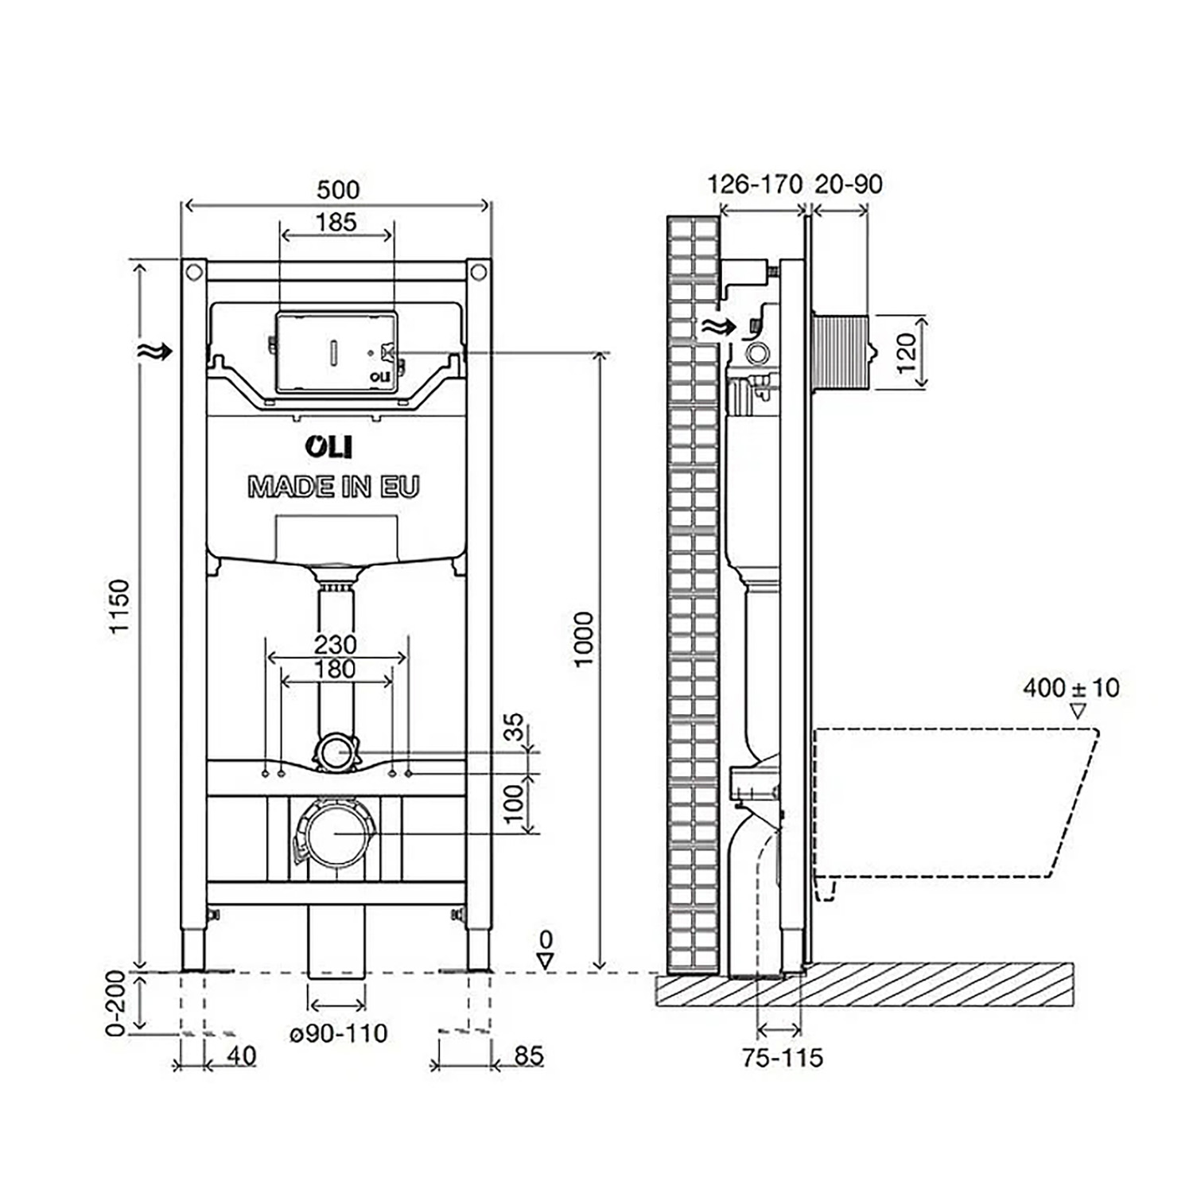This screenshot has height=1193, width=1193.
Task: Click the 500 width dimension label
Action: pos(338,190)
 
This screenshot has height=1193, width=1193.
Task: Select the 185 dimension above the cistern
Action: pos(336,223)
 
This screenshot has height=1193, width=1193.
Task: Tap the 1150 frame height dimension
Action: pos(119,606)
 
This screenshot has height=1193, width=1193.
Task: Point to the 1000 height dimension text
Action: pos(584,639)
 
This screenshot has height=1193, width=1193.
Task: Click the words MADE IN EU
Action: pos(333,487)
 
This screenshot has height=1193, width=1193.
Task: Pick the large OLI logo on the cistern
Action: pos(328,447)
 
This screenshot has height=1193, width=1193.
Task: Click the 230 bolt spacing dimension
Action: pos(335,644)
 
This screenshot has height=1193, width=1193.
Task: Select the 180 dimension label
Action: pos(335,670)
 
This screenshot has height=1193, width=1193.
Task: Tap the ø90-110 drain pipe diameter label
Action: pos(338,1033)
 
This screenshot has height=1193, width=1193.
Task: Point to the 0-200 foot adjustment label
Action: pos(116,1002)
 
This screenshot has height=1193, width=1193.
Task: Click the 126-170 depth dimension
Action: pos(755,185)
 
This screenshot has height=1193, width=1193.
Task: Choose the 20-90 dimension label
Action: pos(849,185)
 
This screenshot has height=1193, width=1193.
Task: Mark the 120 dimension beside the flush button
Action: pos(906,352)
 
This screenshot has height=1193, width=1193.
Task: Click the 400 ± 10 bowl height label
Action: pos(1071,687)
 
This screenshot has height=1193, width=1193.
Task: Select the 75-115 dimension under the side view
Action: pos(783,1058)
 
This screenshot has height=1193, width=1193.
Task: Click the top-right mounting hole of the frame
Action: pos(477,272)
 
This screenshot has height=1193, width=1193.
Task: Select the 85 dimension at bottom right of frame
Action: pos(528,1055)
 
